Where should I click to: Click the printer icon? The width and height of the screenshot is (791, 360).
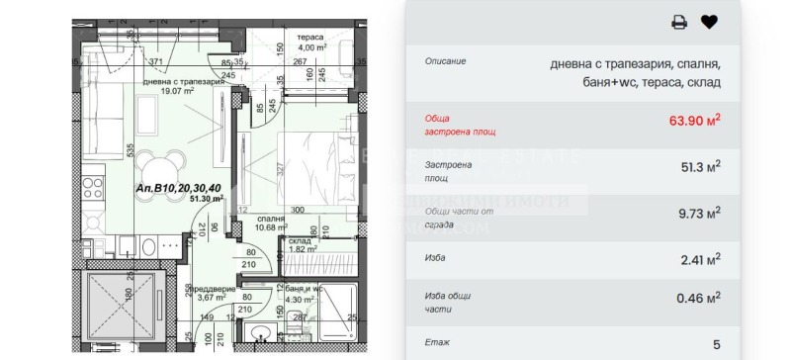(x=679, y=22)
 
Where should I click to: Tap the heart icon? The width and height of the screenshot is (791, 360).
(x=708, y=22)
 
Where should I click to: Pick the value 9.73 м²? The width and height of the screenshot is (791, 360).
(x=698, y=212)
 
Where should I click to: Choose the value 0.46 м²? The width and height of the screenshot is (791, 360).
(x=698, y=295)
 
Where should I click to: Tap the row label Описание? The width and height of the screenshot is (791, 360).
(x=446, y=60)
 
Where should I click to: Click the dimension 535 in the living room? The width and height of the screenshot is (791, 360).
(x=103, y=150)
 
